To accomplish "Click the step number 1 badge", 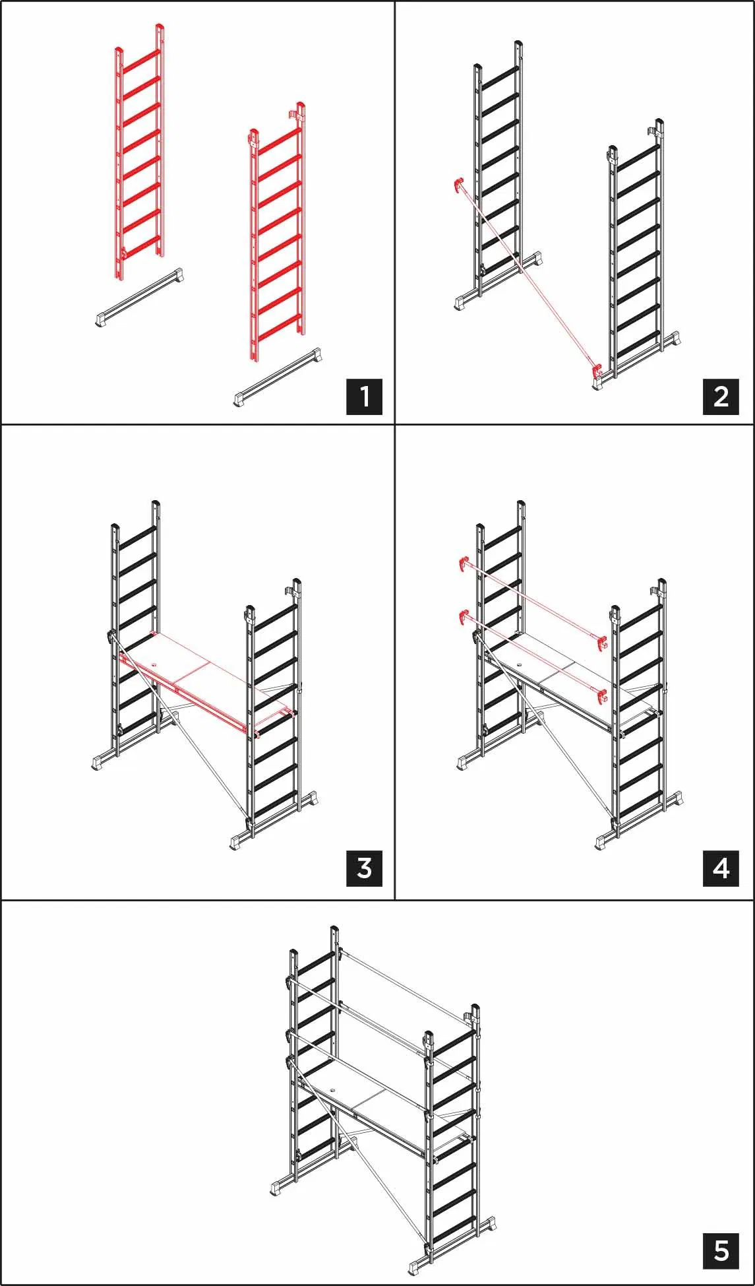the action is [365, 397].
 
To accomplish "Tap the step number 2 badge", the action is [721, 397].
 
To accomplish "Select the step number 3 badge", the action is [365, 868].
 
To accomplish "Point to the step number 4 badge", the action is [721, 868].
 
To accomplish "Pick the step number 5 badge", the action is [721, 1250].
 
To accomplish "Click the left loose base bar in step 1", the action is [139, 298].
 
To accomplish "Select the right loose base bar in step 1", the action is [279, 377].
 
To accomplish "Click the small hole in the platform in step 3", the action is [155, 664].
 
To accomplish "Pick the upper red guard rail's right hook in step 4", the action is [601, 642].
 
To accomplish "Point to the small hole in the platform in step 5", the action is [333, 1089].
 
